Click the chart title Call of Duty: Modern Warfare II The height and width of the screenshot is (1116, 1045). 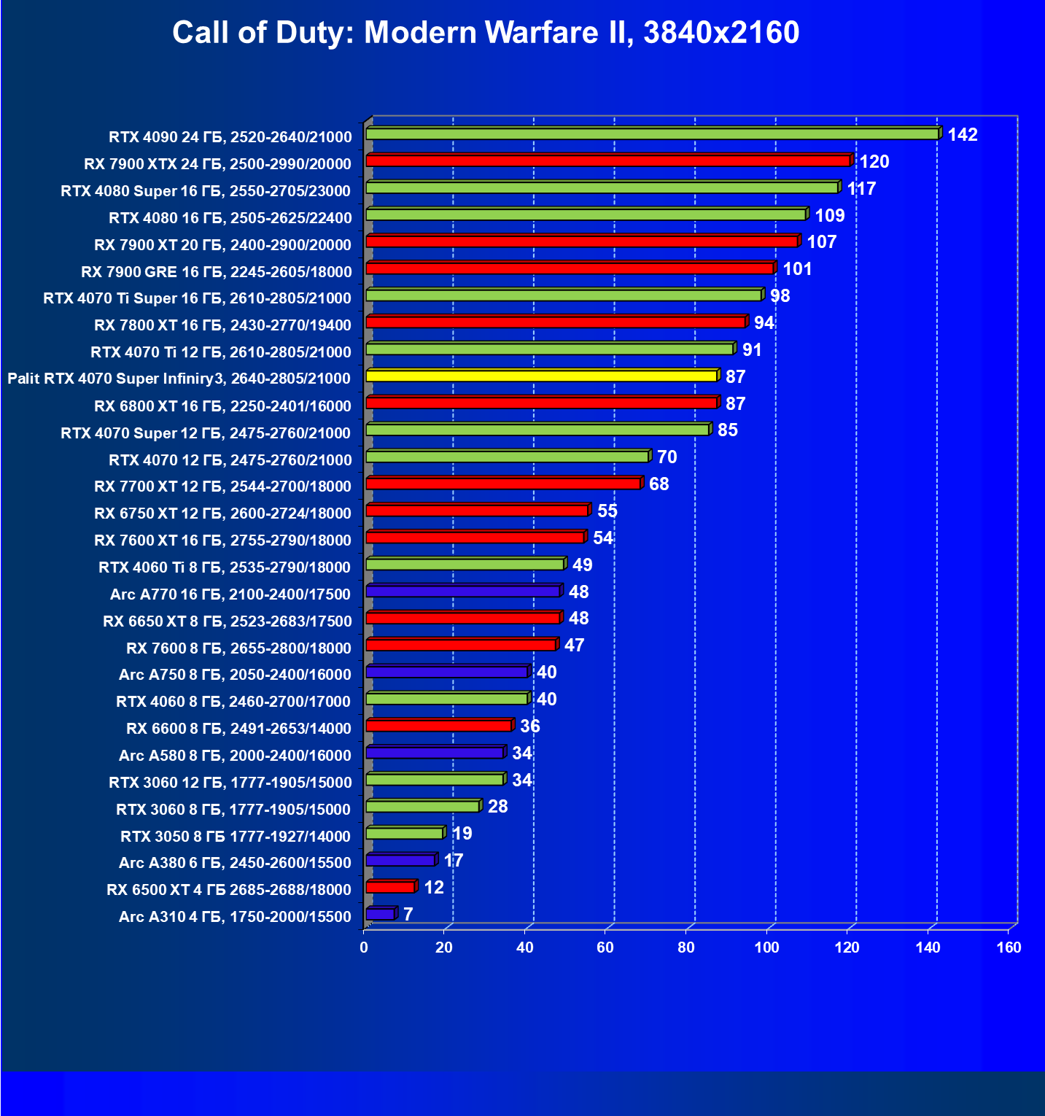click(486, 33)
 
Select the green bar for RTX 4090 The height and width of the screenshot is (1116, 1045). click(652, 133)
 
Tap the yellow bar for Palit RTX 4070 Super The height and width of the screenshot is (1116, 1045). click(542, 376)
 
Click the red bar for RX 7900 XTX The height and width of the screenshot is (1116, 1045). click(608, 160)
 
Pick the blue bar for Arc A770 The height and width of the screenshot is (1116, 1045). click(462, 591)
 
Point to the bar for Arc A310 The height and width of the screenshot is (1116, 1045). click(380, 914)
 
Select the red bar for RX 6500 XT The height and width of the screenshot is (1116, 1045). click(390, 887)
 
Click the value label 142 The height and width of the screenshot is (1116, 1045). click(963, 135)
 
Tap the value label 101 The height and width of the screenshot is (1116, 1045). click(797, 269)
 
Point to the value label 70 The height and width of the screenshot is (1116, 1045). click(667, 457)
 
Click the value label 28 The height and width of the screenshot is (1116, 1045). click(497, 807)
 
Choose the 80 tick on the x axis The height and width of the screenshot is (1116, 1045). click(685, 948)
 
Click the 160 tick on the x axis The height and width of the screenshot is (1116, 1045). click(1009, 948)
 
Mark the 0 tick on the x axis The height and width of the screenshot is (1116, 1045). click(364, 948)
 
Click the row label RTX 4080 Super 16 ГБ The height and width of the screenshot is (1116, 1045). click(206, 191)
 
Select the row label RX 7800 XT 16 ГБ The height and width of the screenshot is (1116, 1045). click(222, 325)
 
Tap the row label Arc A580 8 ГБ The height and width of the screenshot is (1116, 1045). click(235, 756)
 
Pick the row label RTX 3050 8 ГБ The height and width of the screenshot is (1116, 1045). click(236, 837)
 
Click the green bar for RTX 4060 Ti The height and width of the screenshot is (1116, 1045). click(465, 564)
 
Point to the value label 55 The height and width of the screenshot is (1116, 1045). click(607, 511)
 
